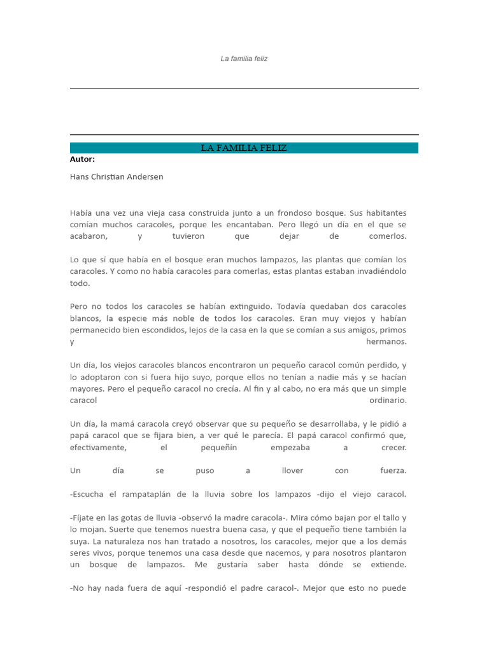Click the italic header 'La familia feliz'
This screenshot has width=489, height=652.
244,59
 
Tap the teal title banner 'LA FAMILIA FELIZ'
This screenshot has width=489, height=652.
244,148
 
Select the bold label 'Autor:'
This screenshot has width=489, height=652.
82,159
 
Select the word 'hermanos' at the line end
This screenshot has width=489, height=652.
386,342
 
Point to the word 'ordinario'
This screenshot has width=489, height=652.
388,400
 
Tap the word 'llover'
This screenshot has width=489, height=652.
292,471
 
